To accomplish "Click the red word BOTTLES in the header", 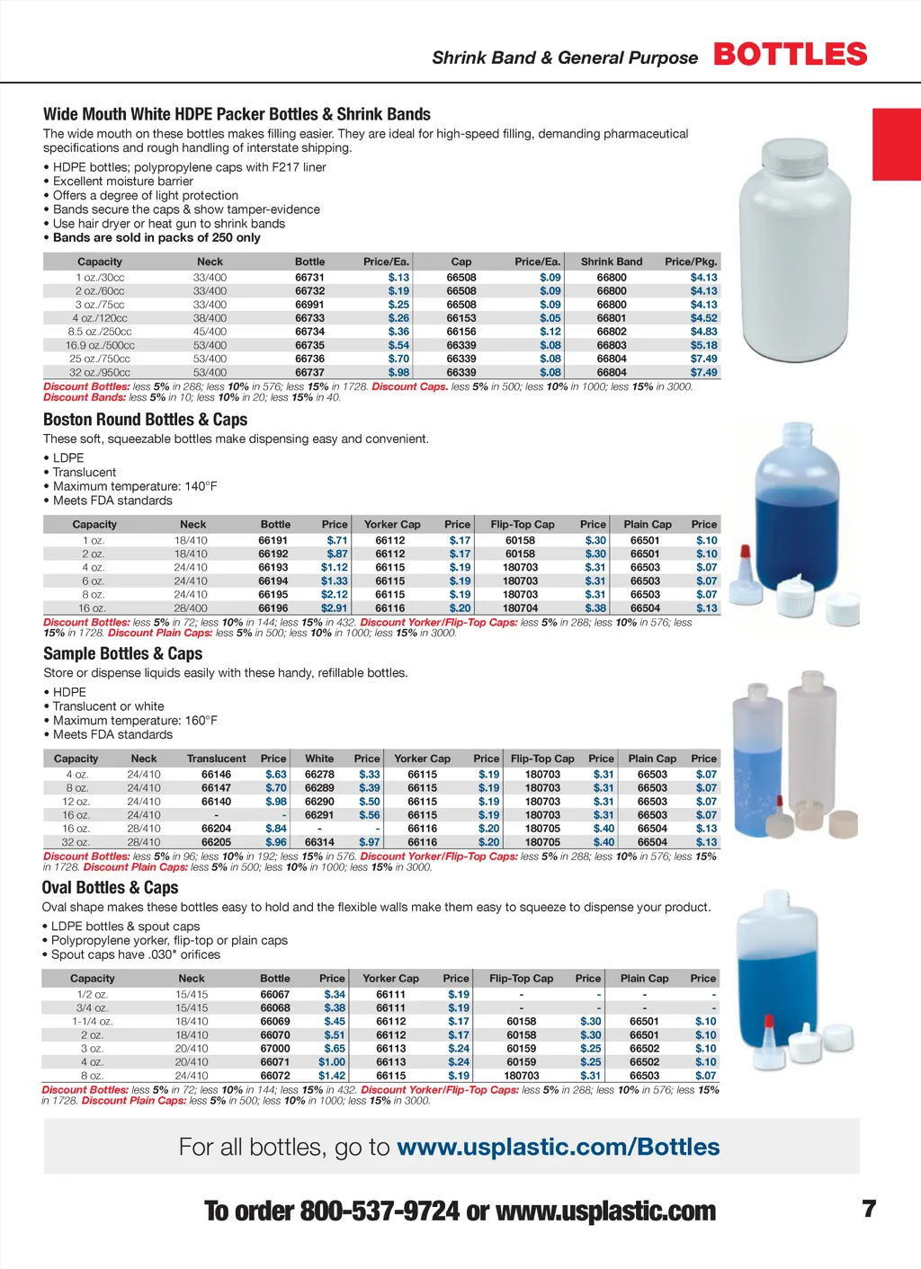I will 791,54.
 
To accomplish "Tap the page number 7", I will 869,1209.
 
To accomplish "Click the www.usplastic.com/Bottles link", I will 558,1147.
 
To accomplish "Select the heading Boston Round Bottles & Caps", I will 145,420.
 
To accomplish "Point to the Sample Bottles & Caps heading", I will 122,653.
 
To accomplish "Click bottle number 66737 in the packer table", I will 309,372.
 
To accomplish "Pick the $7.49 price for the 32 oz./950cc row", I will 703,372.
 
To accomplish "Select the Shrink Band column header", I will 612,262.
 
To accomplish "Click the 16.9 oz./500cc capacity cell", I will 100,345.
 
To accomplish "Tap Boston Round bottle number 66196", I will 273,608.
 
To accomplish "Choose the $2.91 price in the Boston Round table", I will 334,608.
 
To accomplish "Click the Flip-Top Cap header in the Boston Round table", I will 523,524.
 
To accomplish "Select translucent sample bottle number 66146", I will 216,774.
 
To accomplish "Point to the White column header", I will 319,759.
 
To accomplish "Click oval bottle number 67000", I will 275,1048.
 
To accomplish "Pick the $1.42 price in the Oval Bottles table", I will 331,1075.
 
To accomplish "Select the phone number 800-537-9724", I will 380,1211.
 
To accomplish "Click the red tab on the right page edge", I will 897,144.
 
